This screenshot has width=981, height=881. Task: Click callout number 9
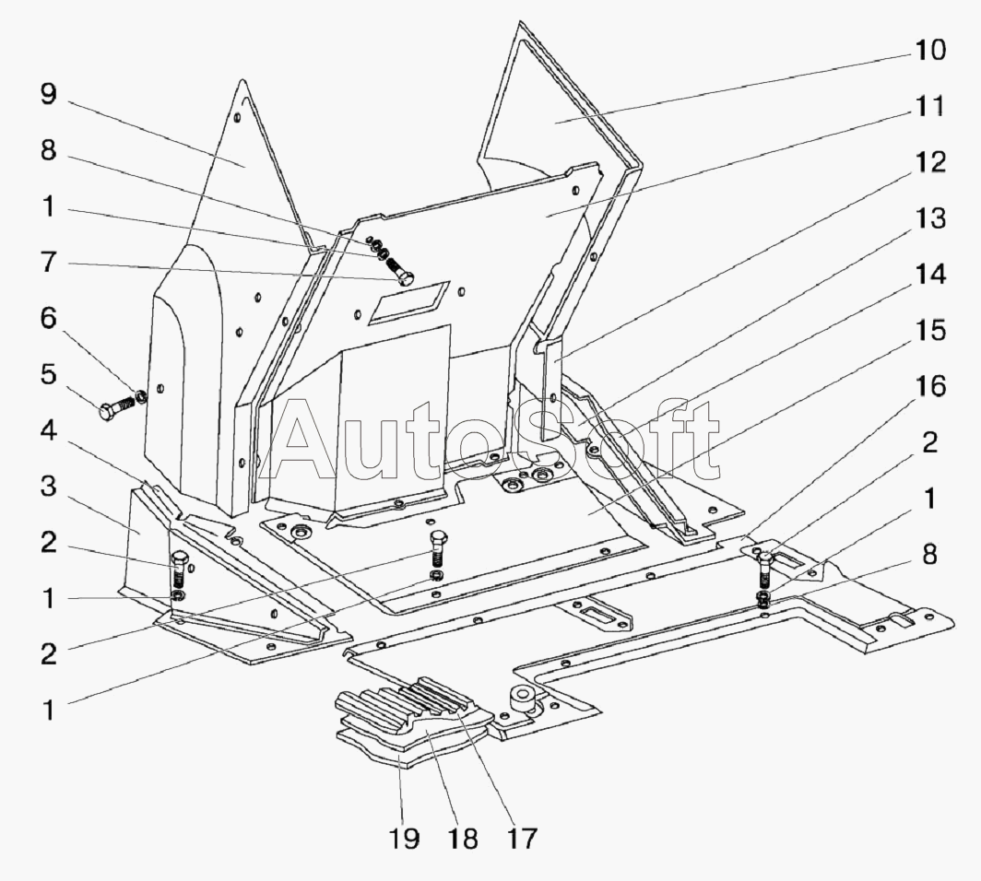[x=47, y=95]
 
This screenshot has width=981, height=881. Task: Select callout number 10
[x=929, y=50]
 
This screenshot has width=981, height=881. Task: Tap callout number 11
[x=929, y=107]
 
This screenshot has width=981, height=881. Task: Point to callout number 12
[x=929, y=163]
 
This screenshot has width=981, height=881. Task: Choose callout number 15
[x=929, y=331]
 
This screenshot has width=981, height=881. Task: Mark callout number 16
[x=929, y=387]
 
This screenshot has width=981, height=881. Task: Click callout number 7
[x=47, y=264]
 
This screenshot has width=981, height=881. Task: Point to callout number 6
[x=47, y=320]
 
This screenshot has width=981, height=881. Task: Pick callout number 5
[x=47, y=376]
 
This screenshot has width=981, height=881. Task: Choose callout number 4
[x=47, y=431]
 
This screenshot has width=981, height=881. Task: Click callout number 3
[x=47, y=487]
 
